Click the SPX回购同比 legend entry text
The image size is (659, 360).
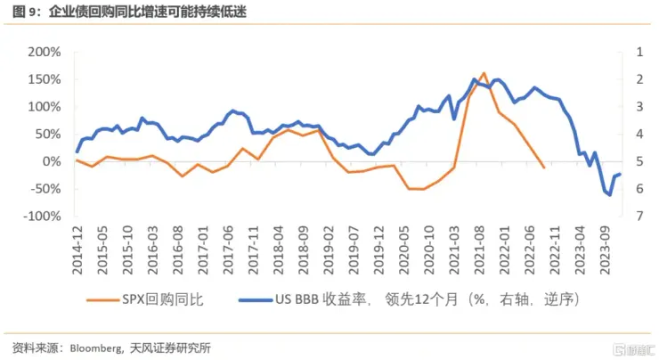click(168, 300)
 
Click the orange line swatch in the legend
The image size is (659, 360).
click(105, 300)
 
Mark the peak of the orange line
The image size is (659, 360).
click(484, 73)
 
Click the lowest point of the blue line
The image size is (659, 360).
click(610, 195)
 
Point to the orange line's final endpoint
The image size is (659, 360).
click(544, 167)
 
